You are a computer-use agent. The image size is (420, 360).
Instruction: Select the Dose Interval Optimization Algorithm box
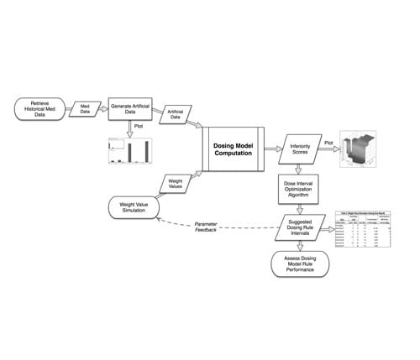[x=300, y=190]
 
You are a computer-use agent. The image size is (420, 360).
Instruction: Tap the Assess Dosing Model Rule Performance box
[x=300, y=264]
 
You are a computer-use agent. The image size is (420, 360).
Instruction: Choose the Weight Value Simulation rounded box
[x=137, y=206]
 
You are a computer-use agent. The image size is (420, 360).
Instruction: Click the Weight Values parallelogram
[x=176, y=182]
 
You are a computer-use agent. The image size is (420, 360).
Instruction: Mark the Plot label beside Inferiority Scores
[x=329, y=143]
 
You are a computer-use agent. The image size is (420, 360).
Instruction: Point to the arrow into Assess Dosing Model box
[x=300, y=246]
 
